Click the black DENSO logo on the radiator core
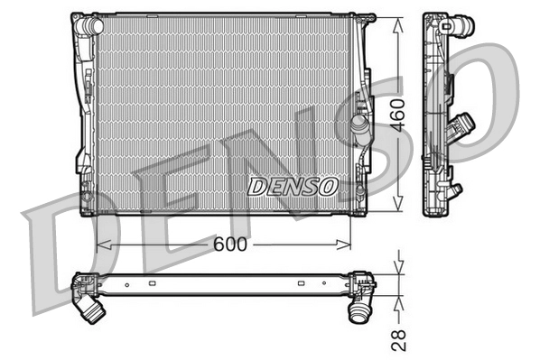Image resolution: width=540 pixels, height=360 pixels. (293, 186)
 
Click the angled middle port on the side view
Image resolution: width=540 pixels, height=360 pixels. (466, 125)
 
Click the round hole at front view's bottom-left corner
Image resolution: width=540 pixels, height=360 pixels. (87, 196)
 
